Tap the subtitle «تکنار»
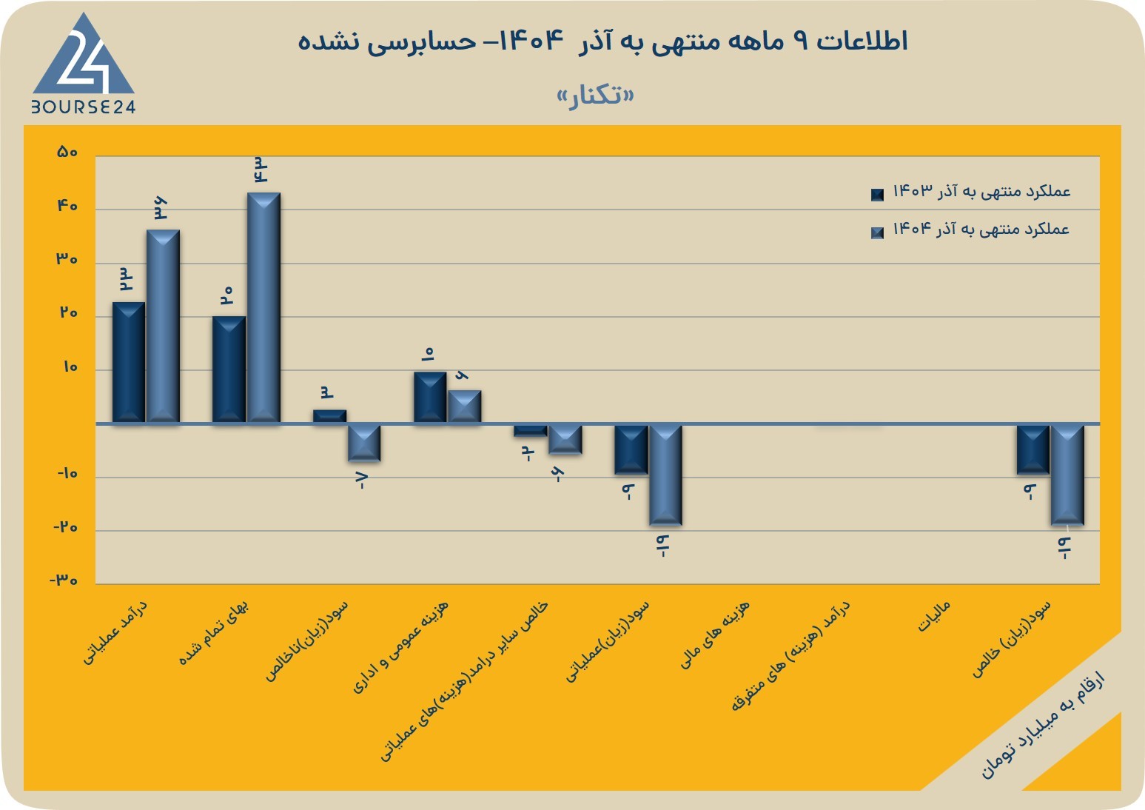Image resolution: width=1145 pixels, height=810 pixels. tap(596, 95)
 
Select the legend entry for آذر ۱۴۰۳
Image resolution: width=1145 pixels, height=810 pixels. tap(970, 192)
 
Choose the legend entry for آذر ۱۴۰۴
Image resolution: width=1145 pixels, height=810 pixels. tap(970, 230)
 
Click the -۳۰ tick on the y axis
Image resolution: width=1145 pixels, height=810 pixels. tap(64, 580)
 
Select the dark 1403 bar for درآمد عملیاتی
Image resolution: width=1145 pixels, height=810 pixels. tap(129, 363)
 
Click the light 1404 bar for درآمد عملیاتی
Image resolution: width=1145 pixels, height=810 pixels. tap(163, 327)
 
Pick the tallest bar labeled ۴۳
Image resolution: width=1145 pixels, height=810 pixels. tap(263, 308)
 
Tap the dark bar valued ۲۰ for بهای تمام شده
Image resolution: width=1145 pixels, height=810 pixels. tap(229, 369)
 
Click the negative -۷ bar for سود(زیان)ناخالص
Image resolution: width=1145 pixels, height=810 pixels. tap(364, 443)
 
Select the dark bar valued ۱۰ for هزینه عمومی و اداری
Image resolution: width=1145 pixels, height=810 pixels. tap(430, 398)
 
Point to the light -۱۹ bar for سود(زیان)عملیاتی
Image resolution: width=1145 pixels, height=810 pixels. tap(665, 475)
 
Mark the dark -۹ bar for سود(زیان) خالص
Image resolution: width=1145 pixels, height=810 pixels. tap(1033, 449)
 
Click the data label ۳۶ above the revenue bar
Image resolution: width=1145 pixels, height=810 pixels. tap(161, 209)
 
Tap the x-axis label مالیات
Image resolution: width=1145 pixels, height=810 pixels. tap(934, 616)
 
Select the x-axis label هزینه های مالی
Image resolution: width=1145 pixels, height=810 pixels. tap(714, 635)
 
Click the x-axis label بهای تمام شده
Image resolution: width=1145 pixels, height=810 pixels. tap(213, 632)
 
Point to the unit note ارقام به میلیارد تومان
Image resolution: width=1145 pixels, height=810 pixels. tap(1043, 726)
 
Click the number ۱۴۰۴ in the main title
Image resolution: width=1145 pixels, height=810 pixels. tap(531, 41)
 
